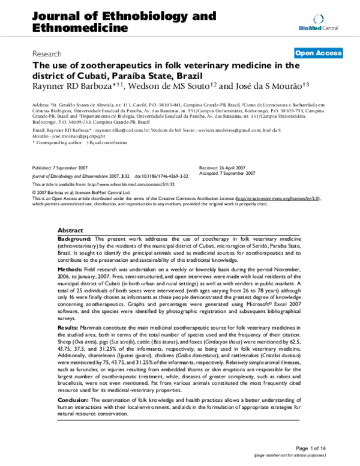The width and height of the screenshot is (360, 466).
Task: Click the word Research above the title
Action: [48, 53]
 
